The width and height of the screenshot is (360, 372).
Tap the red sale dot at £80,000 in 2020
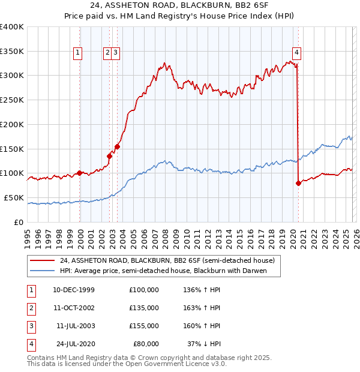[x=298, y=183]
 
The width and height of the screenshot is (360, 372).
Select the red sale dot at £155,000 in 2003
[x=117, y=146]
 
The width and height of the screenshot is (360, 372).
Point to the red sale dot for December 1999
[x=79, y=173]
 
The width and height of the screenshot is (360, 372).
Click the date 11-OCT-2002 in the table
[x=73, y=308]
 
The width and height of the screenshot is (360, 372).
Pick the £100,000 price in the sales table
[x=143, y=290]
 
